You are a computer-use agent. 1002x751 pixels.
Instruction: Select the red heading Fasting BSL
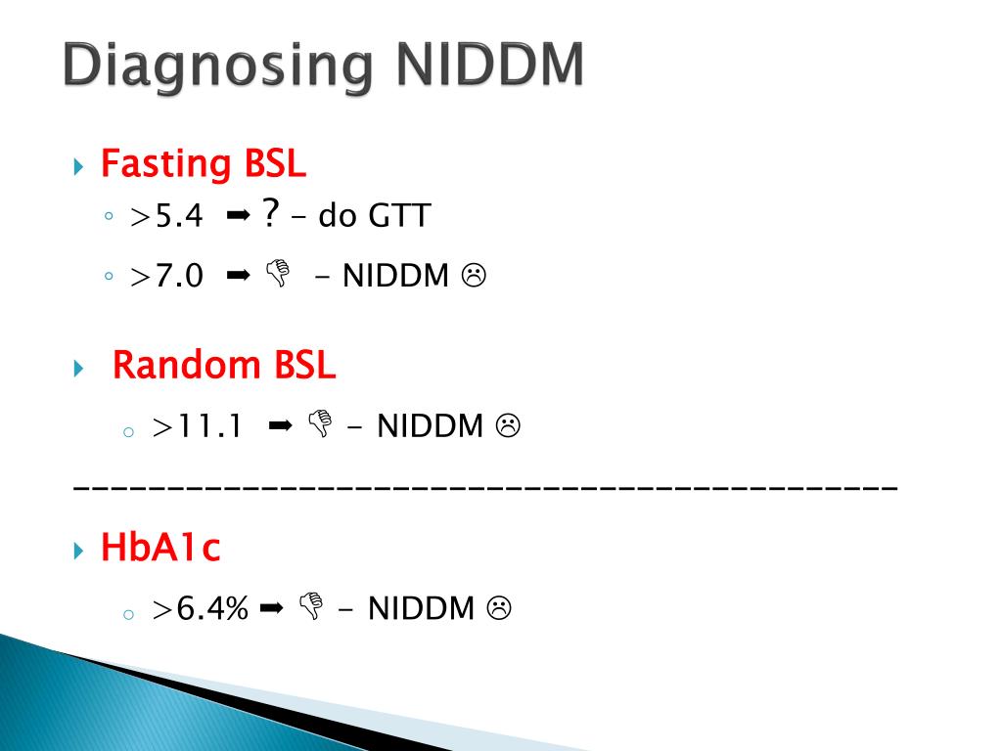pyautogui.click(x=204, y=163)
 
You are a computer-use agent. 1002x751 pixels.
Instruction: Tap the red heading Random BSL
pyautogui.click(x=224, y=366)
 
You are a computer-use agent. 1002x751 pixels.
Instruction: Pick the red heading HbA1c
pyautogui.click(x=160, y=548)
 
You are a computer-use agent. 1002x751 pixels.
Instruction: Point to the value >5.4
pyautogui.click(x=166, y=216)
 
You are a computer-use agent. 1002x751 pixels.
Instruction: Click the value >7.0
pyautogui.click(x=166, y=277)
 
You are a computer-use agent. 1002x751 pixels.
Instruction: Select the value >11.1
pyautogui.click(x=197, y=426)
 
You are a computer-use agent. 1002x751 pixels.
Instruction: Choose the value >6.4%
pyautogui.click(x=201, y=609)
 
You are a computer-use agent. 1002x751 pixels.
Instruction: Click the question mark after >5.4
pyautogui.click(x=270, y=214)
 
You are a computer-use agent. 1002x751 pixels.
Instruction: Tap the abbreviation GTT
pyautogui.click(x=398, y=216)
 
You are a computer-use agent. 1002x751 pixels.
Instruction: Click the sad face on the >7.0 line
pyautogui.click(x=475, y=277)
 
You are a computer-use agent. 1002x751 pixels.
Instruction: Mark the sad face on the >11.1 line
pyautogui.click(x=507, y=426)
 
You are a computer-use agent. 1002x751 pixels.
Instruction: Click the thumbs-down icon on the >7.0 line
pyautogui.click(x=277, y=277)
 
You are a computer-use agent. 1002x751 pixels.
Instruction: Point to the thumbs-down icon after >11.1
pyautogui.click(x=319, y=425)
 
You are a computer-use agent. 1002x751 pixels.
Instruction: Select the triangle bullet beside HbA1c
pyautogui.click(x=80, y=551)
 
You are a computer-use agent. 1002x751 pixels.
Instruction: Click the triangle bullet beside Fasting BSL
pyautogui.click(x=80, y=166)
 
